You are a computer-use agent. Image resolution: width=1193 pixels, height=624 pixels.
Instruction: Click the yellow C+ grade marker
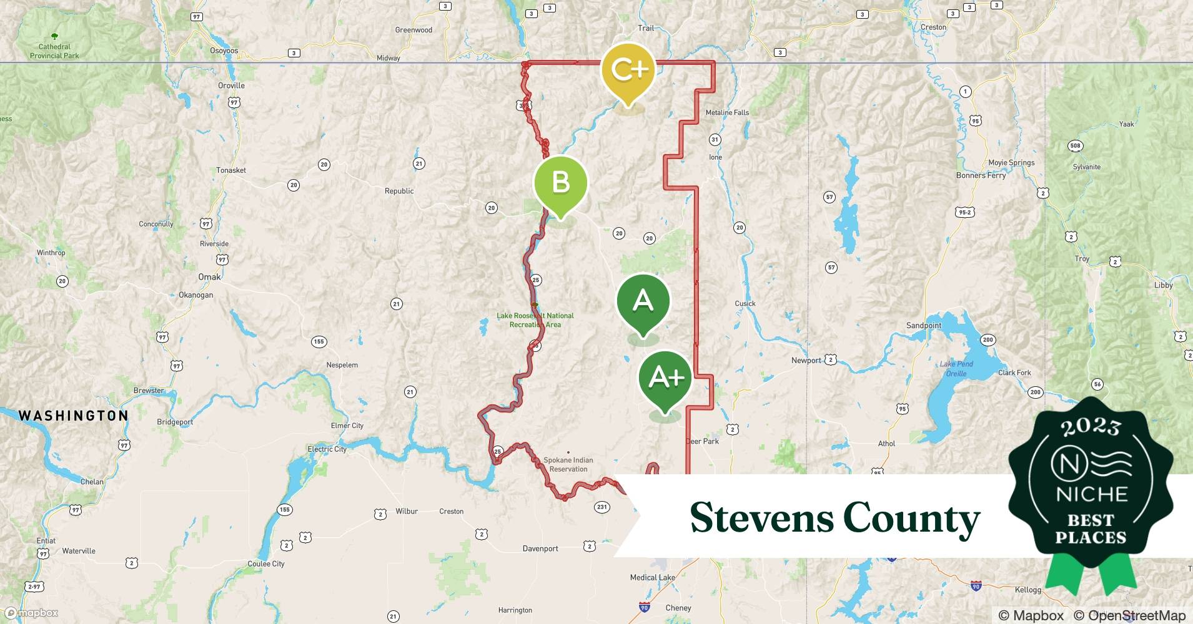pyautogui.click(x=628, y=70)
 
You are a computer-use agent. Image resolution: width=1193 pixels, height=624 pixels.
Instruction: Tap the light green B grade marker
pyautogui.click(x=560, y=182)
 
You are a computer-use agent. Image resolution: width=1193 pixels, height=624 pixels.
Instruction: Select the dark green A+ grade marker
pyautogui.click(x=665, y=377)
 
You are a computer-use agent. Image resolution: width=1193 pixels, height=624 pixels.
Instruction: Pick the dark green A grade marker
pyautogui.click(x=643, y=301)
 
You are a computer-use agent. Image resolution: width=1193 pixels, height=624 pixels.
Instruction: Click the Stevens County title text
pyautogui.click(x=834, y=517)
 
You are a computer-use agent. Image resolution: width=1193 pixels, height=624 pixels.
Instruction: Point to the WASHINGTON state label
pyautogui.click(x=73, y=416)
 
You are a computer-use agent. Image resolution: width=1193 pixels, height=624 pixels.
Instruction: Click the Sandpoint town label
pyautogui.click(x=924, y=326)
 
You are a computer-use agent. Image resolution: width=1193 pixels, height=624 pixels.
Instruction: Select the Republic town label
pyautogui.click(x=399, y=191)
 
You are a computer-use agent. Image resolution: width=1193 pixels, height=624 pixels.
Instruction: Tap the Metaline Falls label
pyautogui.click(x=727, y=113)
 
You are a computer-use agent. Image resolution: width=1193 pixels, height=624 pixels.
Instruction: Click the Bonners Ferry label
pyautogui.click(x=981, y=175)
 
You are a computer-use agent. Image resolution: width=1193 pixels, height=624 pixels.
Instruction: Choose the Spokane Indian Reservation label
pyautogui.click(x=568, y=464)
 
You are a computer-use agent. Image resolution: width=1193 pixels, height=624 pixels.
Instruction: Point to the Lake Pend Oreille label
pyautogui.click(x=956, y=369)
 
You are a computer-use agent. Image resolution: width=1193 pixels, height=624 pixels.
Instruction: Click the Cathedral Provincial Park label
pyautogui.click(x=54, y=51)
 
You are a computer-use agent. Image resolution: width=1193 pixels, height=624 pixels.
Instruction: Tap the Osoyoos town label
pyautogui.click(x=224, y=51)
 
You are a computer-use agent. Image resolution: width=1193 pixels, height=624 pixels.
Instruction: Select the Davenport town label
pyautogui.click(x=540, y=549)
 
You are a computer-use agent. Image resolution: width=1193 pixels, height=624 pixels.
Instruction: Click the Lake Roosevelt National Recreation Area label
pyautogui.click(x=535, y=320)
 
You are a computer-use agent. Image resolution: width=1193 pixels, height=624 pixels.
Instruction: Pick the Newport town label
pyautogui.click(x=806, y=360)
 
